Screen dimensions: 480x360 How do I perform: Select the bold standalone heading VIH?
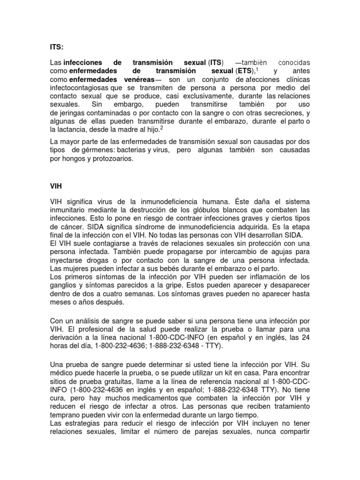[56, 186]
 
